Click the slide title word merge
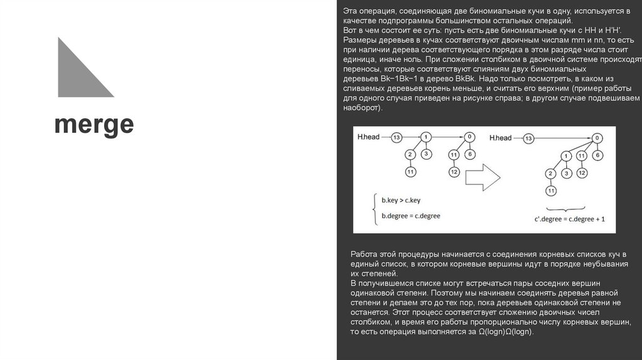tap(94, 125)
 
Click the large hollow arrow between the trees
tap(483, 177)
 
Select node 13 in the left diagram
tap(396, 137)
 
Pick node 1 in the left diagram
tap(426, 137)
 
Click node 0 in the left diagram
tap(469, 137)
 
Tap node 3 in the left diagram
tap(426, 154)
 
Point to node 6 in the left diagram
tap(470, 154)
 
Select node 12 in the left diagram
tap(454, 171)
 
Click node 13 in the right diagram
tap(529, 138)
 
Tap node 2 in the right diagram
tap(550, 173)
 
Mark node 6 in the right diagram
tap(598, 154)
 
